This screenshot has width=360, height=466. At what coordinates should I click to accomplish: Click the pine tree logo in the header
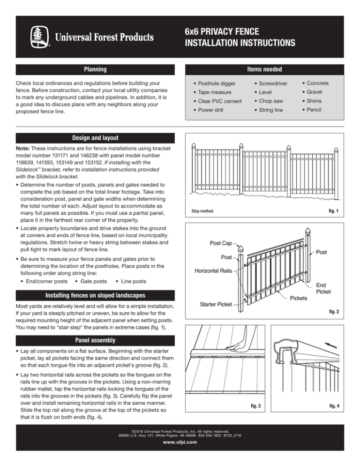pyautogui.click(x=38, y=37)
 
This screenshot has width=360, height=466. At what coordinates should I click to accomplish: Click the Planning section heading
pyautogui.click(x=95, y=69)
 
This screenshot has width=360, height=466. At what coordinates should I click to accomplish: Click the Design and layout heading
pyautogui.click(x=95, y=138)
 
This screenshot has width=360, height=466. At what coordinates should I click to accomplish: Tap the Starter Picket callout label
pyautogui.click(x=217, y=305)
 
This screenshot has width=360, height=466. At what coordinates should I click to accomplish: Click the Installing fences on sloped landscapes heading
pyautogui.click(x=95, y=296)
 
